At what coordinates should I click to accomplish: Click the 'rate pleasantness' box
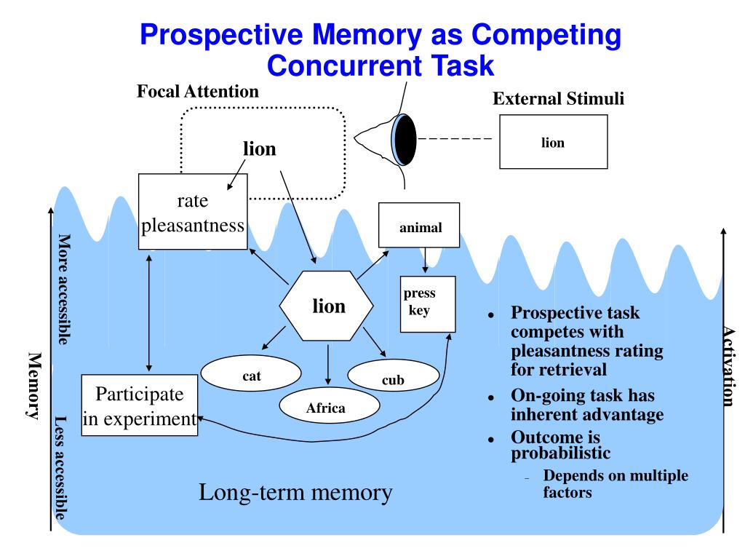[192, 212]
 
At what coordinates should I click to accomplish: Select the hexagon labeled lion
[328, 306]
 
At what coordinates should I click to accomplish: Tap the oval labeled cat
[251, 376]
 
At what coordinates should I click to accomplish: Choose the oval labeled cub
[393, 379]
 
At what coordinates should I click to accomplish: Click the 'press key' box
[428, 304]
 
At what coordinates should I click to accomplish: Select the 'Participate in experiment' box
[140, 405]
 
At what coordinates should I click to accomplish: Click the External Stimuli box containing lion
[553, 142]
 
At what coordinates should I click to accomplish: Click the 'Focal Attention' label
[198, 92]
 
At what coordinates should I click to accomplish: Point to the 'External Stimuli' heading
[558, 99]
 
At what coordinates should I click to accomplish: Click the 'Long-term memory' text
[295, 493]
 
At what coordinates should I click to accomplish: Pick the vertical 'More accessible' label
[64, 289]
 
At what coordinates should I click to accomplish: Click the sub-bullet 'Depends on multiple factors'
[615, 484]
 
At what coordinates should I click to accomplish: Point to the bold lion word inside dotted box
[260, 149]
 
